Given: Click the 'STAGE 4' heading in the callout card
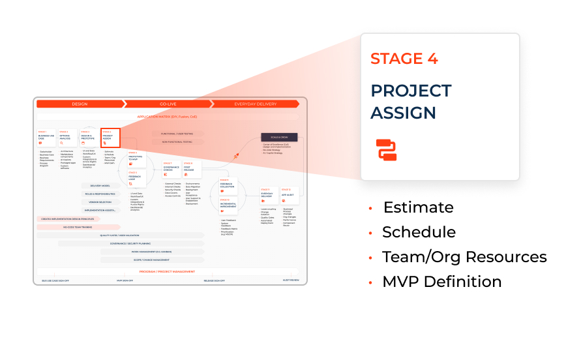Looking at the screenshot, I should click(x=404, y=58).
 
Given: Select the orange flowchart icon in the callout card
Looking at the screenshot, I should click(x=386, y=149).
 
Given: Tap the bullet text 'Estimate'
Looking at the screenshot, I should click(x=417, y=207).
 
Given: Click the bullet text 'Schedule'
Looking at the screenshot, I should click(x=419, y=232).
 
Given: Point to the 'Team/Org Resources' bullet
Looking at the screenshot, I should click(x=464, y=257).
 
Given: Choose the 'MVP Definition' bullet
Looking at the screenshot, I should click(x=441, y=282).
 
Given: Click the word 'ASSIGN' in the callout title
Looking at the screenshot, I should click(x=403, y=112).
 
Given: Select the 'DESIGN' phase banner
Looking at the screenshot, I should click(x=80, y=104).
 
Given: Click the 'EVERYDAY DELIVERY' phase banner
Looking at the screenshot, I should click(x=256, y=104).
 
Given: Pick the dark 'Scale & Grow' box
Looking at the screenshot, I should click(x=279, y=138).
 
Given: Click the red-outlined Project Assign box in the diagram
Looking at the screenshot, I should click(x=110, y=138).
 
